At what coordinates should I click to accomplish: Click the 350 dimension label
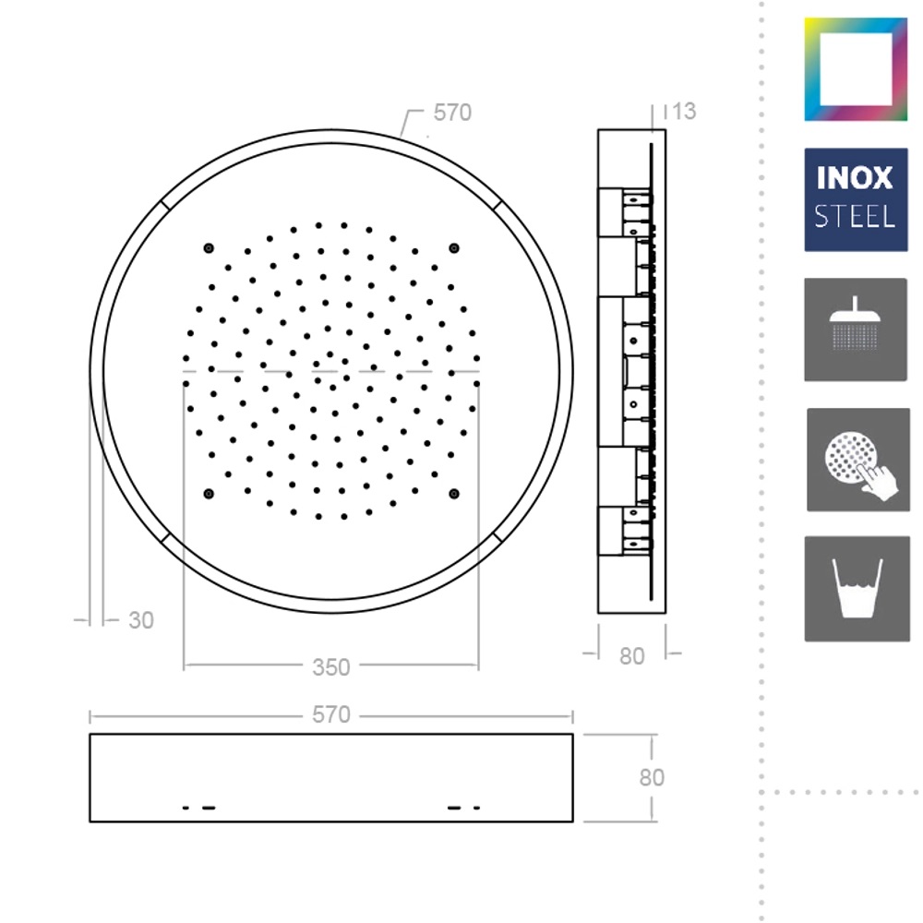coord(330,667)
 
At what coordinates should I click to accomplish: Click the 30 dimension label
coord(141,620)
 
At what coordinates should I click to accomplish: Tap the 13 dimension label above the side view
coord(684,112)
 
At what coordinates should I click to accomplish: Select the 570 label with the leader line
coord(452,113)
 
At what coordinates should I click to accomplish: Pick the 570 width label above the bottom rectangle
coord(330,714)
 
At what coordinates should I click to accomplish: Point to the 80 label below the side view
coord(631,656)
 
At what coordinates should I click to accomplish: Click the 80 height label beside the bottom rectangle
coord(652,777)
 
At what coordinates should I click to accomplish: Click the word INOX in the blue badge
coord(855,178)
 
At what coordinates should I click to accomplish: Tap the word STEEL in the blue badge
coord(855,217)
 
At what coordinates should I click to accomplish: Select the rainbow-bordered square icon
coord(856,69)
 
